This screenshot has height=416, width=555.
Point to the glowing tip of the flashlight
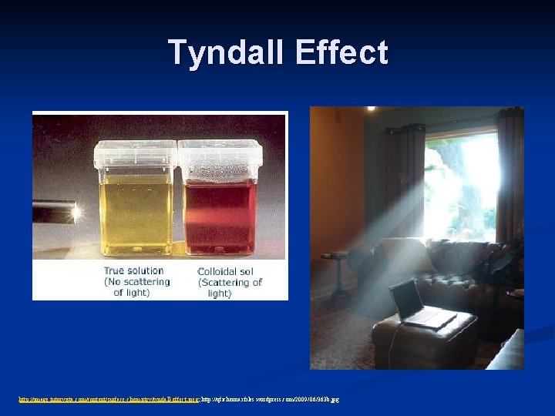pyautogui.click(x=76, y=210)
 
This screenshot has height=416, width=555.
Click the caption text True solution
pyautogui.click(x=133, y=270)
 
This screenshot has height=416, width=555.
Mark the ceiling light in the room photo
pyautogui.click(x=371, y=109)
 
